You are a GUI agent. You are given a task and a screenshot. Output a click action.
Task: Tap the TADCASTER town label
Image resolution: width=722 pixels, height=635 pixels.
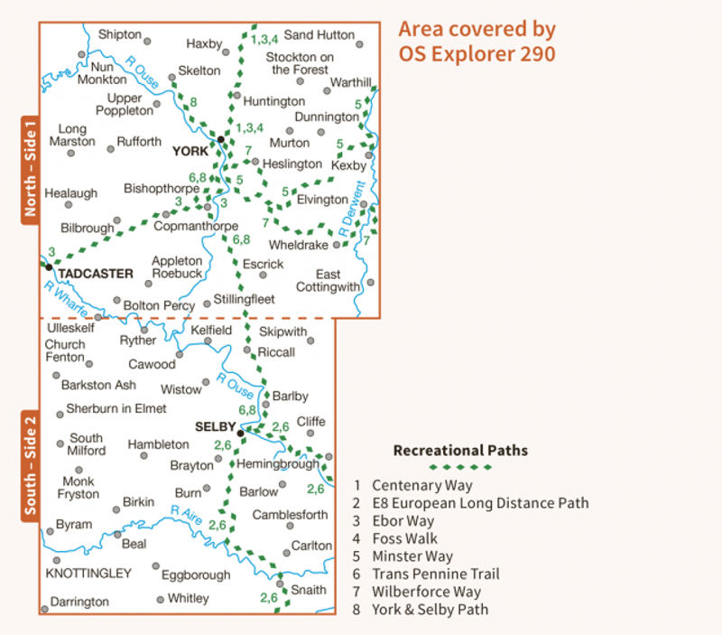click(96, 273)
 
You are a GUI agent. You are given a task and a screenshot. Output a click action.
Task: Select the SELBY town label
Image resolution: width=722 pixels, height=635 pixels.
click(214, 425)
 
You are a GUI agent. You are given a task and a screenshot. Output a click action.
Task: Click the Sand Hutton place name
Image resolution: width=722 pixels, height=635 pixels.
click(319, 35)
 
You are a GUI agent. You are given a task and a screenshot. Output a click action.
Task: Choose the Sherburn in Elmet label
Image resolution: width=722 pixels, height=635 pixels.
click(116, 408)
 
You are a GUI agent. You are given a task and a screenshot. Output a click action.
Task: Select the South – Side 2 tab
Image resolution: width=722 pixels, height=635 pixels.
click(30, 466)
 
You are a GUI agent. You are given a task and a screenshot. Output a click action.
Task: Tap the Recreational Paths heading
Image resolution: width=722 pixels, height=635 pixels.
click(460, 450)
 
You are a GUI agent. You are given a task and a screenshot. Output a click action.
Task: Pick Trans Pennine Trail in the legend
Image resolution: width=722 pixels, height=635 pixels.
click(435, 574)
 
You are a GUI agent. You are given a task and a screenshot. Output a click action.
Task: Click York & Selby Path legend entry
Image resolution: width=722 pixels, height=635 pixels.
click(430, 609)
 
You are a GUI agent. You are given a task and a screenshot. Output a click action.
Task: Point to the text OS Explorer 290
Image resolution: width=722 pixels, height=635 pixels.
click(477, 53)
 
